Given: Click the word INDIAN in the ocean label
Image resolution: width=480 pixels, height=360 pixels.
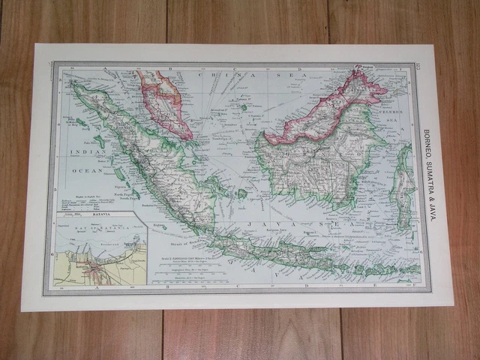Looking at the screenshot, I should click(x=86, y=153).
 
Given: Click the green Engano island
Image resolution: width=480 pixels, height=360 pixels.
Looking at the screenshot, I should click(x=160, y=226).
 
